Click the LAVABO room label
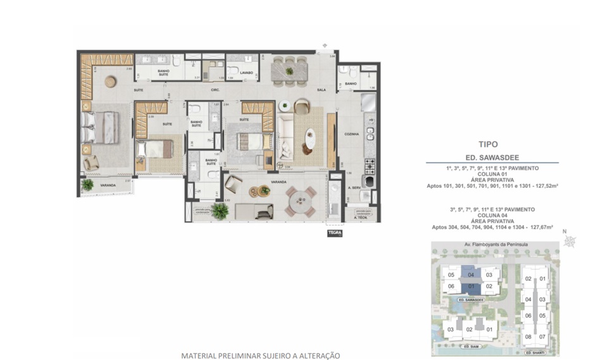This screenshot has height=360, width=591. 246,73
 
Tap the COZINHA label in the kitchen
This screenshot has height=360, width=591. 352,134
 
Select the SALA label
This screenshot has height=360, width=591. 321,90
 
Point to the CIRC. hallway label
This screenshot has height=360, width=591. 215,90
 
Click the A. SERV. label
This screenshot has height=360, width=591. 354,188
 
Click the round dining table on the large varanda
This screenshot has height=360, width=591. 298,201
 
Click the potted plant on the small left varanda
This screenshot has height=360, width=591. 88,185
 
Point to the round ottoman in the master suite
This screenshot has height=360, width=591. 111,81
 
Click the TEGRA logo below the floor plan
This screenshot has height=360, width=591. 334,233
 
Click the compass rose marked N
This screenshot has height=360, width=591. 570,240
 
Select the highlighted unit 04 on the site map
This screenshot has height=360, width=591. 471,275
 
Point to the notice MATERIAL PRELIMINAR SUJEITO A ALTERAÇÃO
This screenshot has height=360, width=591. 261,356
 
